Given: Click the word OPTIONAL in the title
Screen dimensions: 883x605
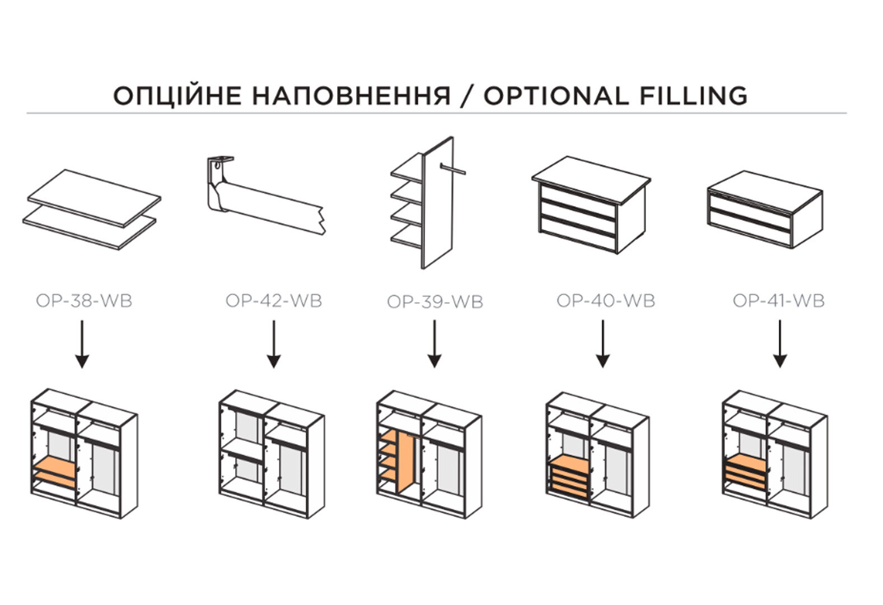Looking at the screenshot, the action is (556, 96).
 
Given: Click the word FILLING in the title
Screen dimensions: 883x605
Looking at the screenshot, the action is (694, 96).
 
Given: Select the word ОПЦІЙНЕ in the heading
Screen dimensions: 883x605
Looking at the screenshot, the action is (177, 95).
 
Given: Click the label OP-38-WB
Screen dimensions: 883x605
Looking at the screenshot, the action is (84, 301).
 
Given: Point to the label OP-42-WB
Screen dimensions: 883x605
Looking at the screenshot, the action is (274, 301).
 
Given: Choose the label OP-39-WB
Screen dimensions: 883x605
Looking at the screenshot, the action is (435, 302).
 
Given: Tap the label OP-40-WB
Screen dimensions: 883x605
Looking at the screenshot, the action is (606, 301).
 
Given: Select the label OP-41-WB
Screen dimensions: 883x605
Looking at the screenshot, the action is (779, 301).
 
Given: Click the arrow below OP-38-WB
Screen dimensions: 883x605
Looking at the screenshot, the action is (82, 345).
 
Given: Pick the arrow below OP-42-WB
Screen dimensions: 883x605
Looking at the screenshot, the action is (274, 345).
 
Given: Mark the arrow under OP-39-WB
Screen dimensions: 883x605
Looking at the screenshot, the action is (435, 344).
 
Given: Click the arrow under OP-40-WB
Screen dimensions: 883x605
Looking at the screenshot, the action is (602, 344).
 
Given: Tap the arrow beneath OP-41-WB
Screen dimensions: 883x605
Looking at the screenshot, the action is (780, 344).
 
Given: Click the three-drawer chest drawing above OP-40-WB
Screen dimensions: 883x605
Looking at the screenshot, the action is (591, 205).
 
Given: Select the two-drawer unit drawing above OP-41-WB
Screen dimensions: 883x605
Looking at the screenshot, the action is (765, 209).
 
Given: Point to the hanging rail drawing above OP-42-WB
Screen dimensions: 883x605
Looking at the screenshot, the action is (266, 196).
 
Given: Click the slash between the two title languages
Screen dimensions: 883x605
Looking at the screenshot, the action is (467, 96).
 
